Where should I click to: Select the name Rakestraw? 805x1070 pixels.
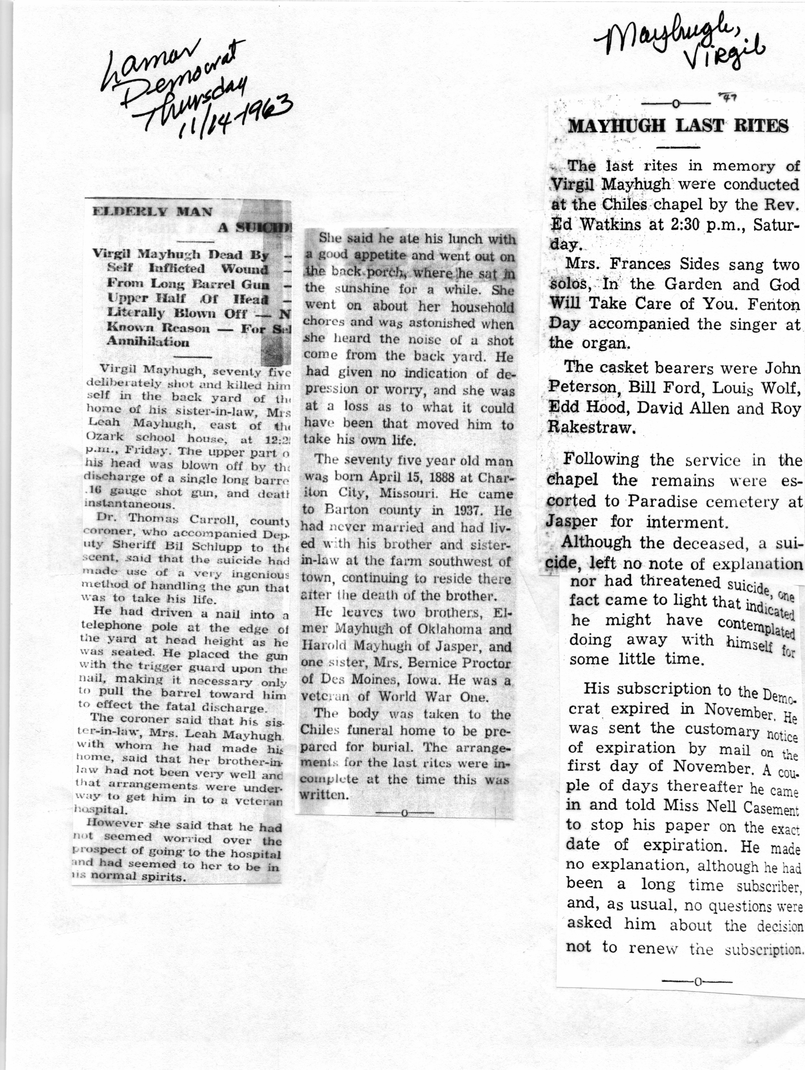click(591, 427)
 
